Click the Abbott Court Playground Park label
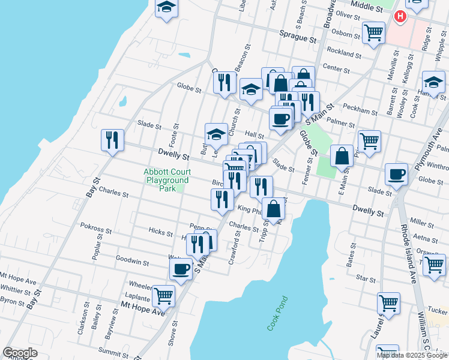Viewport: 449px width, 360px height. pyautogui.click(x=166, y=180)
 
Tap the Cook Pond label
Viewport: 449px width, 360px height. pyautogui.click(x=277, y=313)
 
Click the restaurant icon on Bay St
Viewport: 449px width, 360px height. pyautogui.click(x=112, y=141)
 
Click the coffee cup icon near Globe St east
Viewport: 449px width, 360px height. pyautogui.click(x=396, y=175)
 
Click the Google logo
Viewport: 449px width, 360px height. pyautogui.click(x=20, y=353)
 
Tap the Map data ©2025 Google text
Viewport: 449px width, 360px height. pyautogui.click(x=412, y=355)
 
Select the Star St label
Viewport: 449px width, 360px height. pyautogui.click(x=365, y=278)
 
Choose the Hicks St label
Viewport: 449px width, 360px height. pyautogui.click(x=161, y=233)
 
